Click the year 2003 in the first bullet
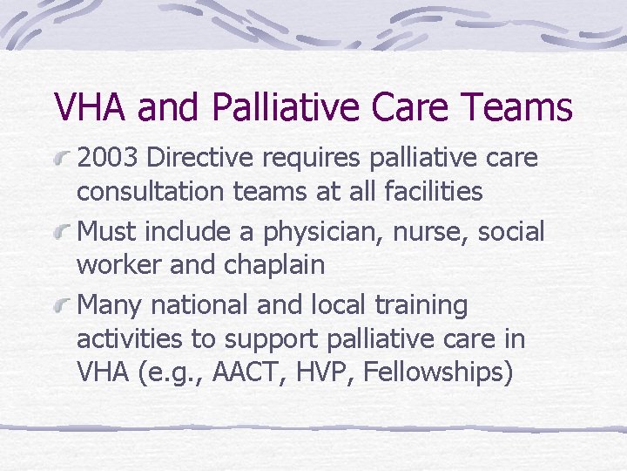[109, 159]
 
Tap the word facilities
[433, 191]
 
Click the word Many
[110, 305]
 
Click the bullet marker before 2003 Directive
[61, 159]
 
